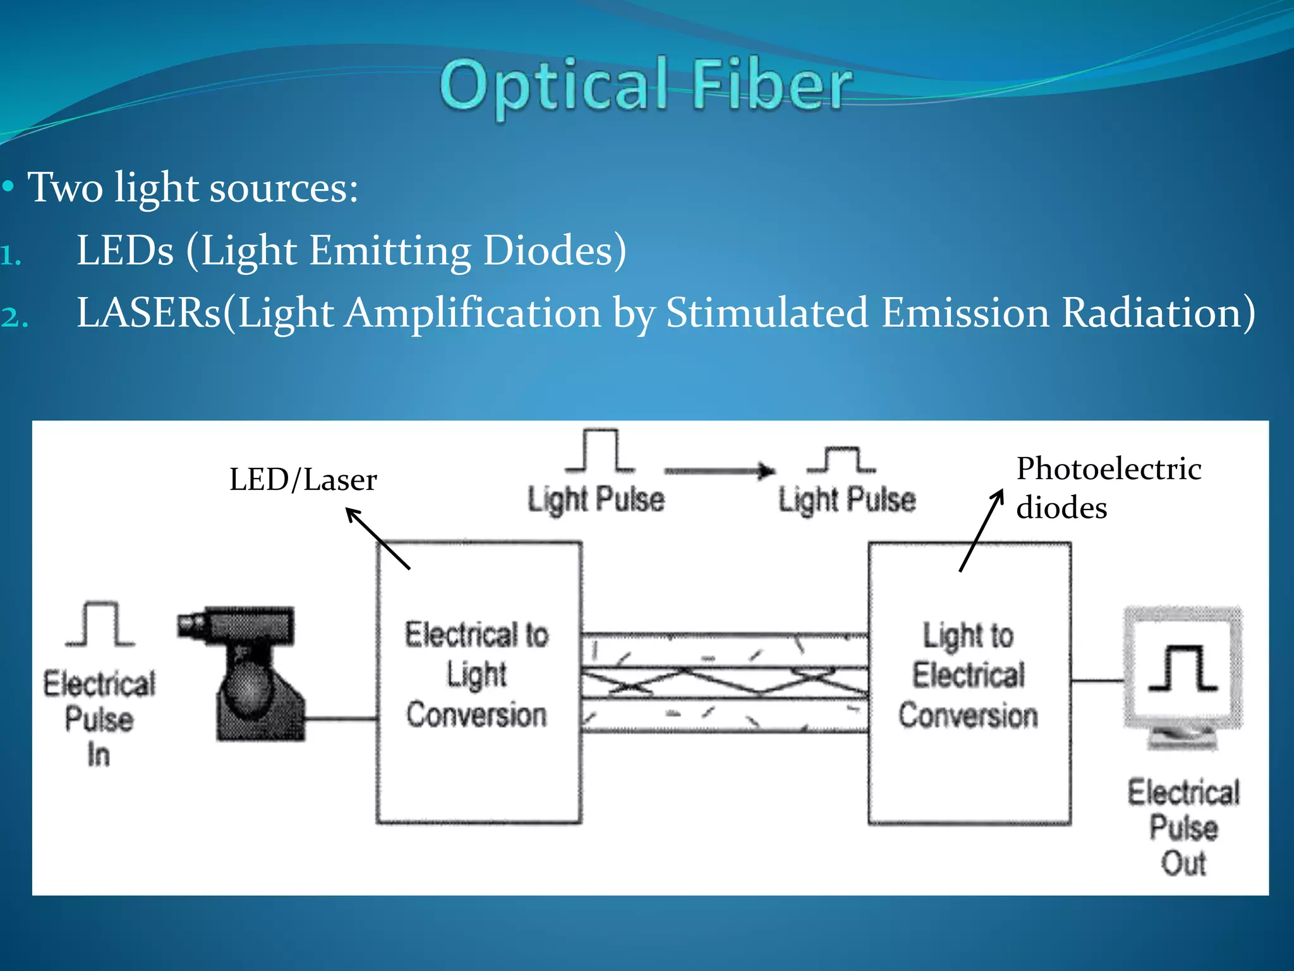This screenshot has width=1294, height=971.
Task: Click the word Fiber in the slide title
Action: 771,85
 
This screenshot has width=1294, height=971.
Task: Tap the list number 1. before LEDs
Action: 11,256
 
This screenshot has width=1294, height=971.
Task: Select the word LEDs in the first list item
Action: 124,250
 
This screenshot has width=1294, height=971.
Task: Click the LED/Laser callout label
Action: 303,480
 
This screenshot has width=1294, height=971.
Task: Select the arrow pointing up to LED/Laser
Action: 378,539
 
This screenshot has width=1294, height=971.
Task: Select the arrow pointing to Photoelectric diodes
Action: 981,530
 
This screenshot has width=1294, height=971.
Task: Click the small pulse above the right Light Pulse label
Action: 842,460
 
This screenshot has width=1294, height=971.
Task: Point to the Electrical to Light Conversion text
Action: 477,675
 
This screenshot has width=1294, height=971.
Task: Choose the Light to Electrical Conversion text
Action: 969,675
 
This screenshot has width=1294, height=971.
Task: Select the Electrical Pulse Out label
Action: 1183,828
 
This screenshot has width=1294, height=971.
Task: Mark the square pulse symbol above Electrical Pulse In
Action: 100,624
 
